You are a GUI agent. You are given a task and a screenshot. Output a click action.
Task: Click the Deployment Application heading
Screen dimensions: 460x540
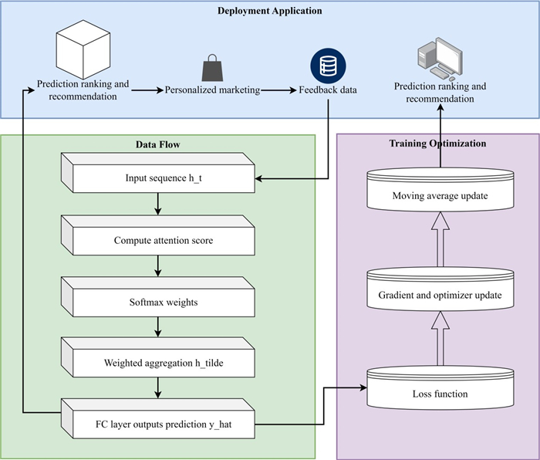(270, 11)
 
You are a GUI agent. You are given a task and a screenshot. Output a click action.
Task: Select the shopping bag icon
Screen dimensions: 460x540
(211, 69)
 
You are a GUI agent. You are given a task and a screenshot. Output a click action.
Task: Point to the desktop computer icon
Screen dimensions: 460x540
(440, 60)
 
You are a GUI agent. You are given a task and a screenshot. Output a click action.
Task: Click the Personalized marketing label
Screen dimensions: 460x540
(212, 90)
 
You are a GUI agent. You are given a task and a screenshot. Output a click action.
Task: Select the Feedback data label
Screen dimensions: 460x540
(328, 90)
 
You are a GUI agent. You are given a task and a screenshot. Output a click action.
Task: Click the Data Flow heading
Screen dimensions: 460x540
(157, 144)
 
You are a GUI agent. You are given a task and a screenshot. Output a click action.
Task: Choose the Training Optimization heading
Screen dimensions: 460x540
(438, 144)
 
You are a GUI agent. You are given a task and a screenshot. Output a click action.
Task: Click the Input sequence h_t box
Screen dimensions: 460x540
(157, 178)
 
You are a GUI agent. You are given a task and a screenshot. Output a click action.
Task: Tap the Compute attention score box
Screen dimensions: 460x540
(157, 240)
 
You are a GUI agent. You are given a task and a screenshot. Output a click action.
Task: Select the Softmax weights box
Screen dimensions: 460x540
(157, 302)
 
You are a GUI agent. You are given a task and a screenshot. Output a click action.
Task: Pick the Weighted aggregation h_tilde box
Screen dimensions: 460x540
(157, 363)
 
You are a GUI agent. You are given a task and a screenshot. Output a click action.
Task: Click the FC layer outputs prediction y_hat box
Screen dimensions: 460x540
(157, 424)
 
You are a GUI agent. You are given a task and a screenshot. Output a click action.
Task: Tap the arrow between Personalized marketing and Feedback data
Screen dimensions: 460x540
(278, 90)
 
